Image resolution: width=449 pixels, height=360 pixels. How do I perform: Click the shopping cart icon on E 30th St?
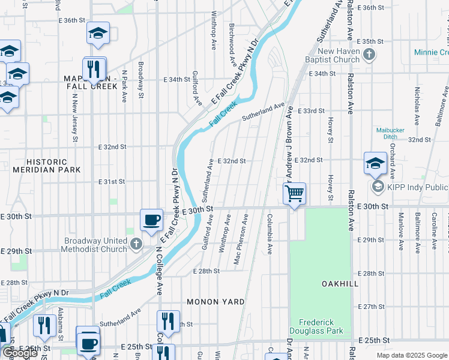294,194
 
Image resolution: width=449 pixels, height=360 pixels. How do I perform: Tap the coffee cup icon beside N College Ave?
151,220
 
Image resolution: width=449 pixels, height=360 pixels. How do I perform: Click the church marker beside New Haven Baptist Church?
370,55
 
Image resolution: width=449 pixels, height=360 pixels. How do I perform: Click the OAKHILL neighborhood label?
323,283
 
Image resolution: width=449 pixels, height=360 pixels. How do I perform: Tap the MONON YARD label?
215,302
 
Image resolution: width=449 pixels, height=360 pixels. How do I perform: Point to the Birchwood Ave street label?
232,38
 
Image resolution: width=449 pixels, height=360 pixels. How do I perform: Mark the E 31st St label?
111,182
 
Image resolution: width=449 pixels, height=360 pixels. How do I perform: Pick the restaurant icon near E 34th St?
94,69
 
